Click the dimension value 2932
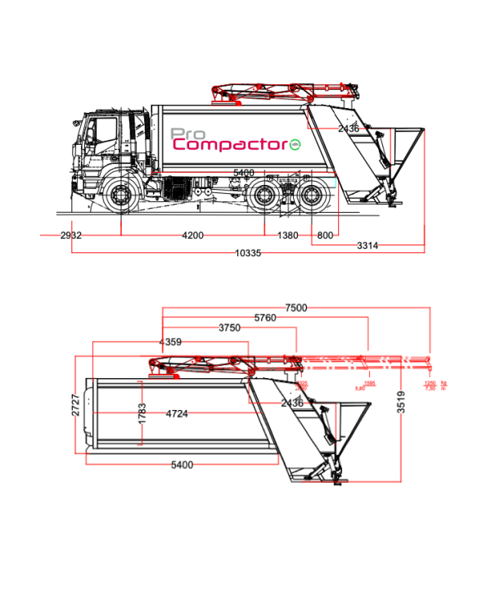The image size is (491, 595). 71,235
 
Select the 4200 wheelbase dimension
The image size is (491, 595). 192,235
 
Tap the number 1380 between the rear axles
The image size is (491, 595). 287,235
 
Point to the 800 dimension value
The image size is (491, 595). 324,235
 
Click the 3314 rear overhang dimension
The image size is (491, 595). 367,245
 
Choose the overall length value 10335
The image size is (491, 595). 247,253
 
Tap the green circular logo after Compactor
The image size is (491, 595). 295,146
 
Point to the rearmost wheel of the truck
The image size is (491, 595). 314,199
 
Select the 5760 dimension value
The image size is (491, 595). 265,318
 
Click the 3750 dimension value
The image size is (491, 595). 229,327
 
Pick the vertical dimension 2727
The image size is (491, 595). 75,405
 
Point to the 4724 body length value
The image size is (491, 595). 177,413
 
